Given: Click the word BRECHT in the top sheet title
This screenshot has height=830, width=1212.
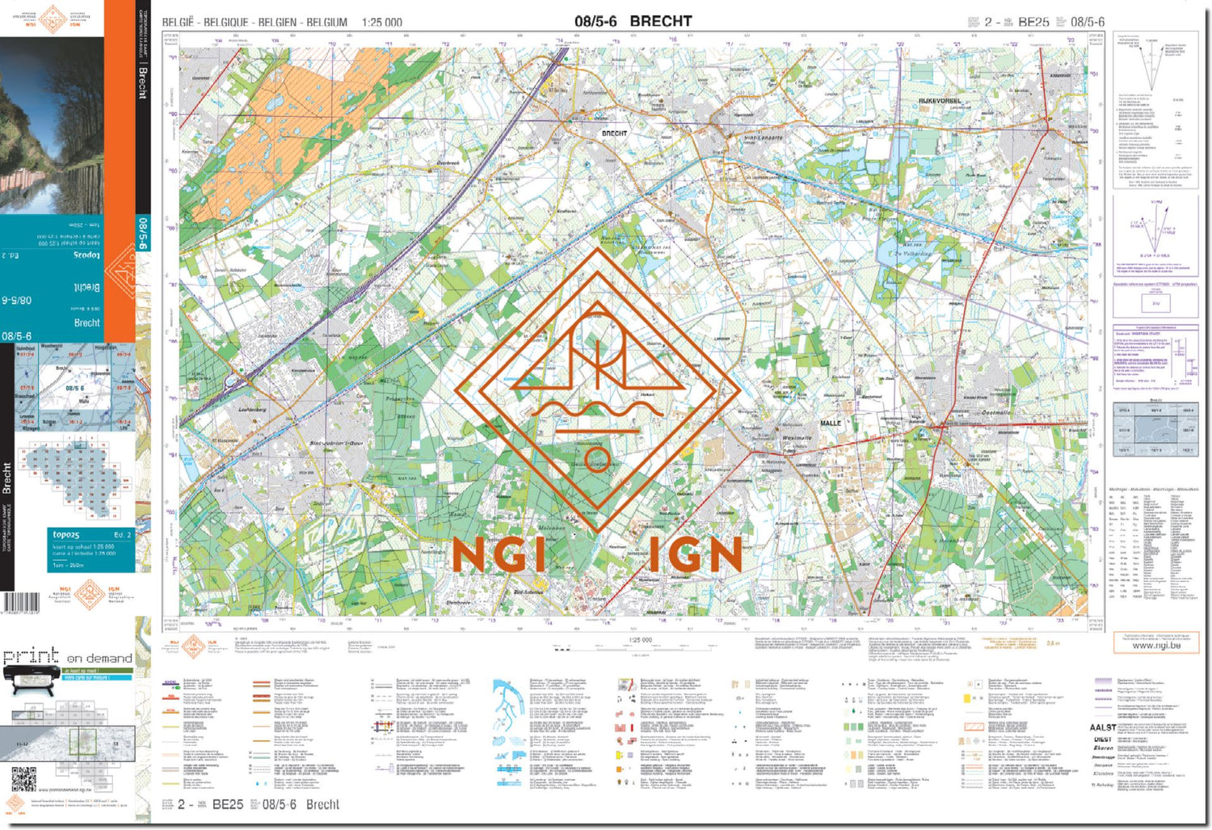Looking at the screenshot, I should tap(660, 21).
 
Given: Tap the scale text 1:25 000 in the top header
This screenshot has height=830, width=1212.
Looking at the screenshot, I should tap(381, 23).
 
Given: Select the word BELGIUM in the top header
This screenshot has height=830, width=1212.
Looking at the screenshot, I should tap(326, 23).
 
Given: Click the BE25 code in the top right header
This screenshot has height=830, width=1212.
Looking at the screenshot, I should tap(1033, 22).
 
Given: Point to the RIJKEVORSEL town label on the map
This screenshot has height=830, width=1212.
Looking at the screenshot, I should tap(940, 101).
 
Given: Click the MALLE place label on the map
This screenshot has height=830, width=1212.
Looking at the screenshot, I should tap(831, 423).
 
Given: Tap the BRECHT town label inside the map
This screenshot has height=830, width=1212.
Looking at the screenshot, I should tap(614, 133).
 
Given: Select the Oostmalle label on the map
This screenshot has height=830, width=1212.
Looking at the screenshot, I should tap(995, 412).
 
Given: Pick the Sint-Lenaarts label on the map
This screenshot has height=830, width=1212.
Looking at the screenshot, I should tap(763, 138).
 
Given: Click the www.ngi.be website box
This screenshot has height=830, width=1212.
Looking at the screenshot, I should tap(1155, 644).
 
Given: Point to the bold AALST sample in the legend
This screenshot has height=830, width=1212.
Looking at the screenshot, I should tap(1102, 727).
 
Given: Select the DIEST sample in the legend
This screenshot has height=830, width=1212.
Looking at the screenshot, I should tap(1102, 739).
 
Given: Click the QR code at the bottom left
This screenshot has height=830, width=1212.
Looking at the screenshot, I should tap(24, 779).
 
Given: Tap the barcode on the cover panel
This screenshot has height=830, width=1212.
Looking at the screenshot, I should tap(21, 602).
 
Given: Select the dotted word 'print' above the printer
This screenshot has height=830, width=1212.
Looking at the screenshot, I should tap(31, 655).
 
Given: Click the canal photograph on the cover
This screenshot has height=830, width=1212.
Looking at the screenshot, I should tap(52, 125).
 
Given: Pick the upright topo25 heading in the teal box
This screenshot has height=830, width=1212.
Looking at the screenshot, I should tap(66, 534).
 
